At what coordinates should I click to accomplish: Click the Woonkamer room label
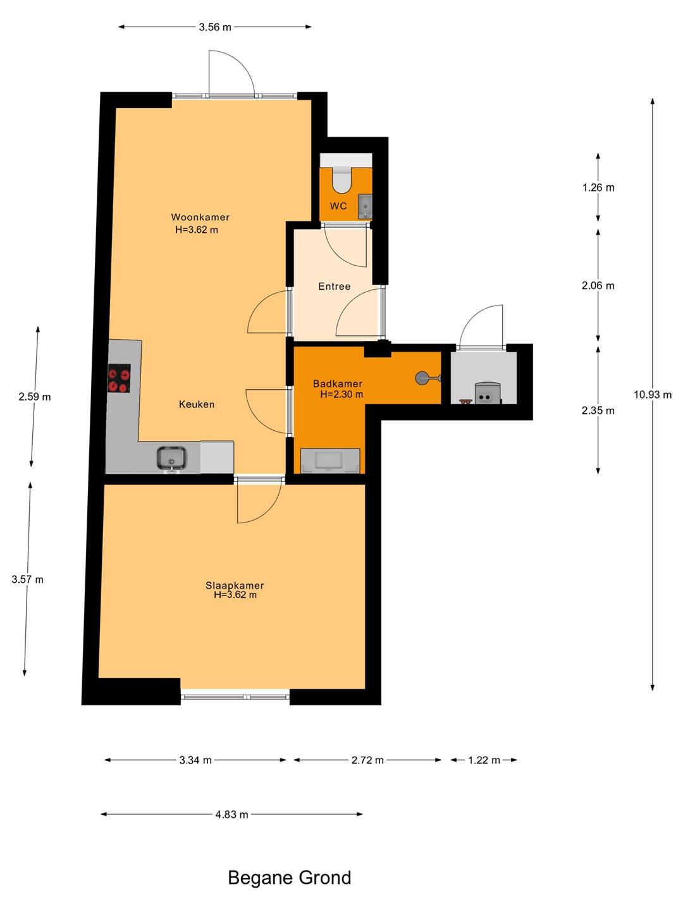point(200,217)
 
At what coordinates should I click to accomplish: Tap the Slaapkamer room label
point(235,585)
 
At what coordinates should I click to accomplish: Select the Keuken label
point(197,404)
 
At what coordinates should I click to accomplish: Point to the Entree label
point(335,287)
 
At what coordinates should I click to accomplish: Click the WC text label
point(338,206)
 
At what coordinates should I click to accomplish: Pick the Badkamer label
point(338,384)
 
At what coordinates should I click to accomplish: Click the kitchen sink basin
point(171,458)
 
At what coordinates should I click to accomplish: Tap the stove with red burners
point(119,378)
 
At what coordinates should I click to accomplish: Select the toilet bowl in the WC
point(341,180)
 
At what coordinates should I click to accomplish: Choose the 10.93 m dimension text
point(652,395)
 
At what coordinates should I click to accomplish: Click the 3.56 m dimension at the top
point(215,27)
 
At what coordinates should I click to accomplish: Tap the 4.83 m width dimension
point(232,815)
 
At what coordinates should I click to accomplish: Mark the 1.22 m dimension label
point(484,760)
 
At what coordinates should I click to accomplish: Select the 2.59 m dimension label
point(34,397)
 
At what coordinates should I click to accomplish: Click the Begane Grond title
point(290,878)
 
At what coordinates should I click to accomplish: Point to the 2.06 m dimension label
point(598,285)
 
